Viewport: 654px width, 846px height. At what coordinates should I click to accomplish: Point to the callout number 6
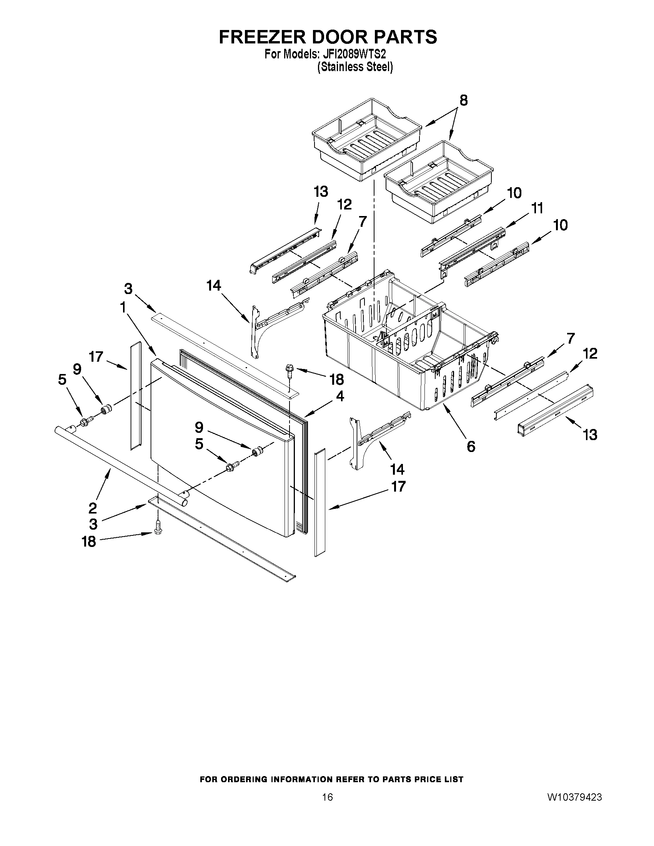click(471, 446)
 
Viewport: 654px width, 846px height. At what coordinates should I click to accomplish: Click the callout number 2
click(93, 507)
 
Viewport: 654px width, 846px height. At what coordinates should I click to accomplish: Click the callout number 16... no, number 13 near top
click(321, 192)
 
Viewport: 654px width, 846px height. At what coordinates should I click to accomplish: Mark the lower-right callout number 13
click(590, 435)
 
